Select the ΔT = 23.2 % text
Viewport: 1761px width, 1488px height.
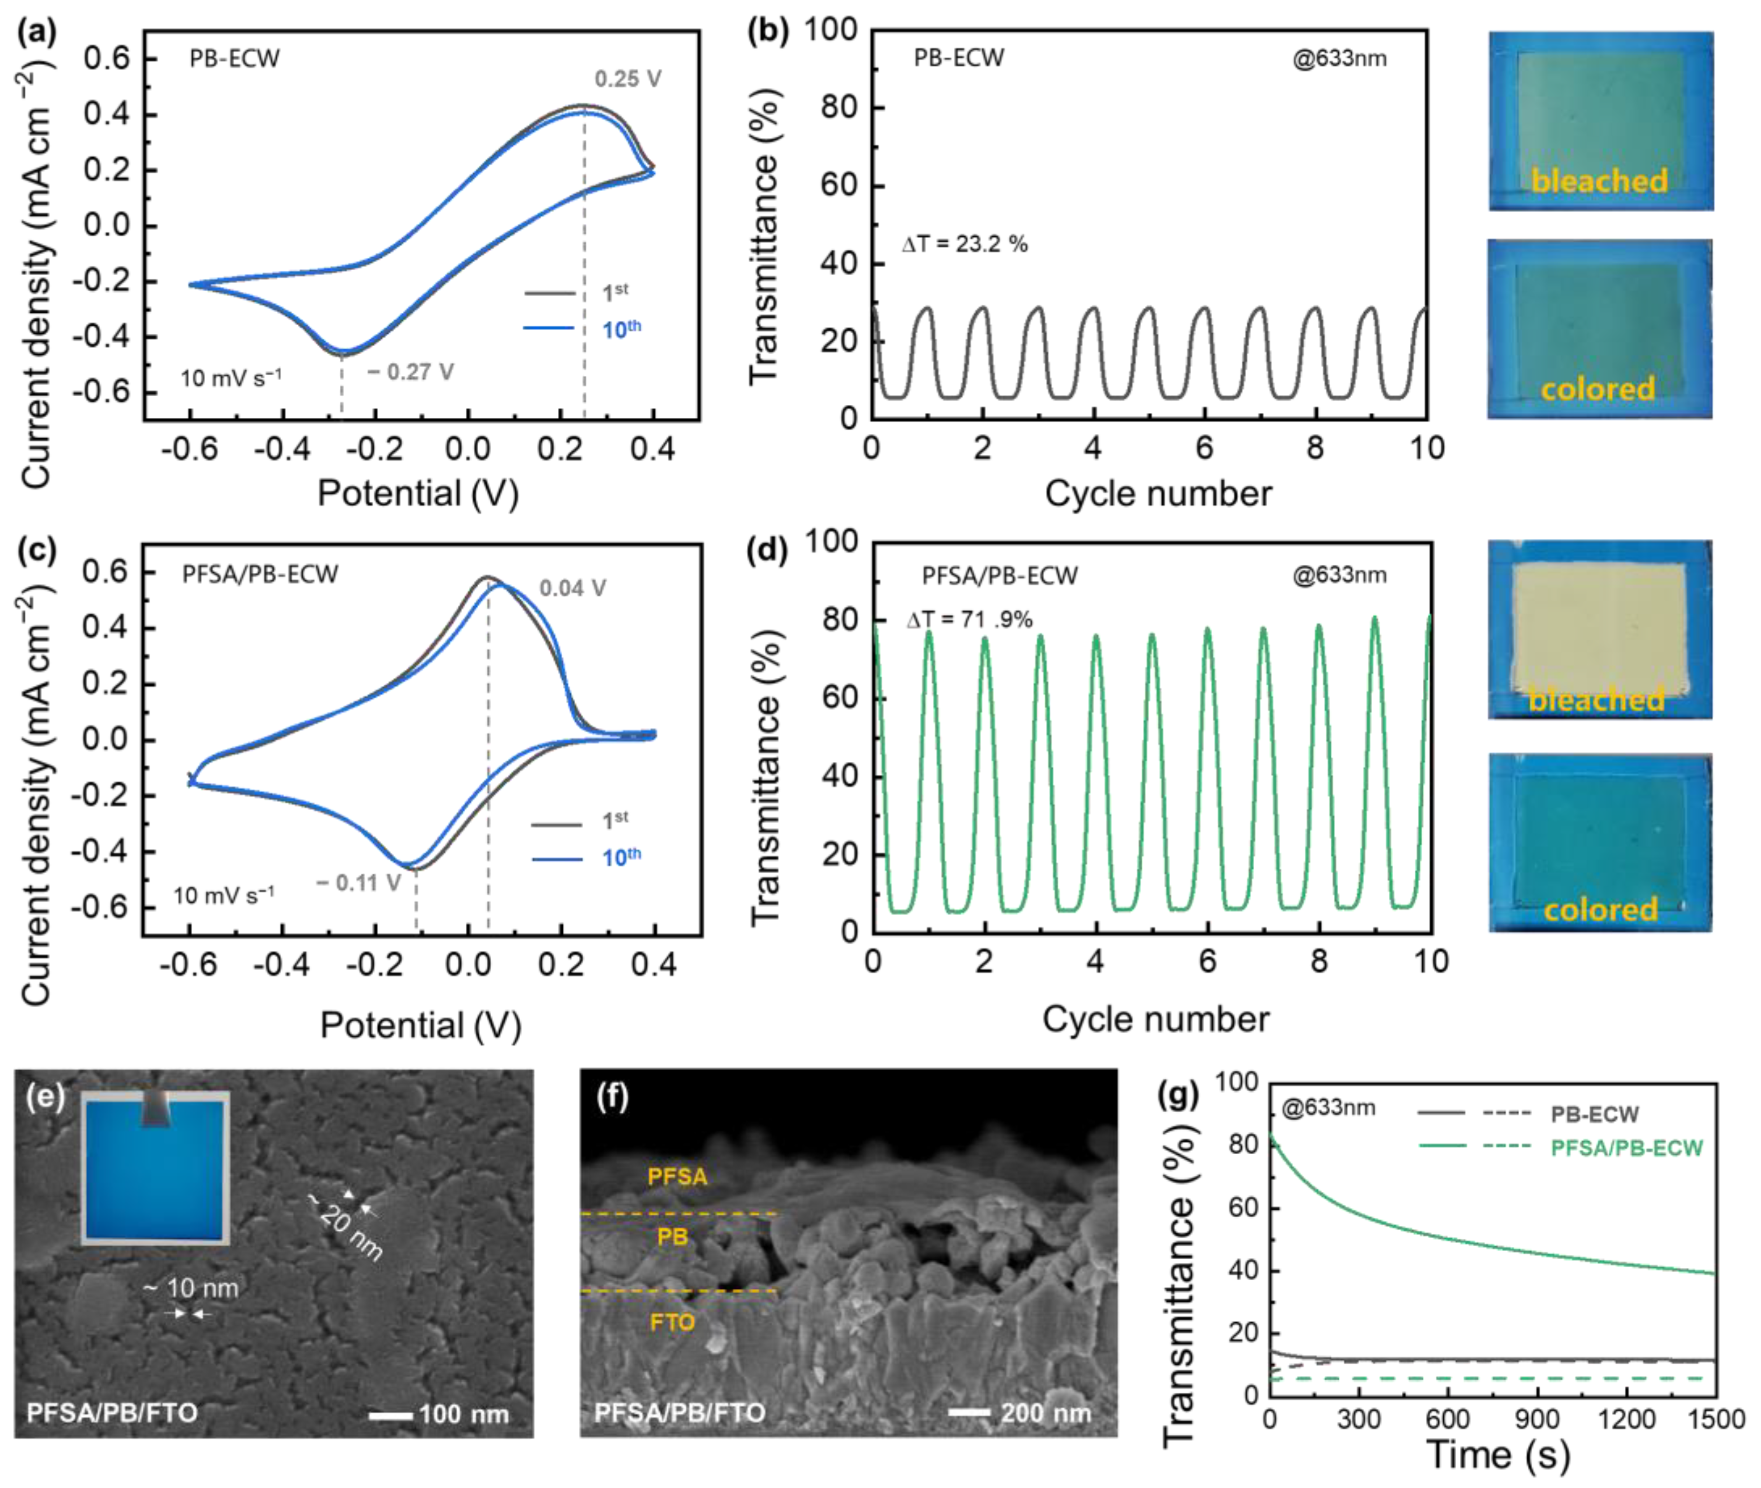[965, 244]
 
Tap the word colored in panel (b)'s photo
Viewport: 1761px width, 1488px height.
[1597, 389]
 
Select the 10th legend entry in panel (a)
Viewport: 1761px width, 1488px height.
[621, 328]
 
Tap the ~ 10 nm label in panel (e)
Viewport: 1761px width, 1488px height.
[190, 1288]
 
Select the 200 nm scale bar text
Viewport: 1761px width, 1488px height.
[1045, 1413]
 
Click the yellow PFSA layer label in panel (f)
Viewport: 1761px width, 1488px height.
[677, 1177]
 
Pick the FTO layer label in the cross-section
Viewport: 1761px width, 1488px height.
[672, 1322]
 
